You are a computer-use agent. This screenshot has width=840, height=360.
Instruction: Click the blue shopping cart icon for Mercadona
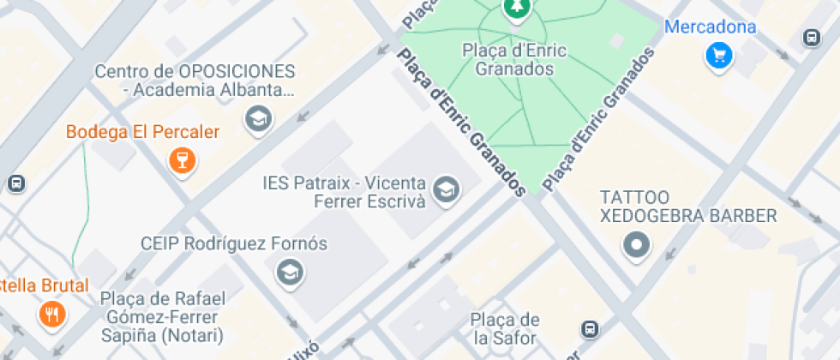pos(717,56)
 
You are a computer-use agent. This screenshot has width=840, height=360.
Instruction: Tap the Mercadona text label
pos(711,27)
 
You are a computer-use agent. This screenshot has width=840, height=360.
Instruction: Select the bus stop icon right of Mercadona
pos(811,38)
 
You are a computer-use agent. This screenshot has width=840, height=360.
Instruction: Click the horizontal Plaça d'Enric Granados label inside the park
pos(513,59)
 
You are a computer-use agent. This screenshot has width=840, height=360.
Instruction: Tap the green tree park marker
pos(516,9)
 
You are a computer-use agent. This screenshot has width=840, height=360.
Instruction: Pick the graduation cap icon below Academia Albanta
pos(257,119)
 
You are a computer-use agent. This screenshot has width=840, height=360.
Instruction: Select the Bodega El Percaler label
pos(142,132)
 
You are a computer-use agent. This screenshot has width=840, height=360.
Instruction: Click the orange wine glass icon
pos(182,159)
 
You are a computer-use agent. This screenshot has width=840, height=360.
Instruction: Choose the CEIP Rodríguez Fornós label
pos(234,243)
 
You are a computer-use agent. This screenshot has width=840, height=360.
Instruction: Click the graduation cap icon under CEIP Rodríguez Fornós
pos(290,273)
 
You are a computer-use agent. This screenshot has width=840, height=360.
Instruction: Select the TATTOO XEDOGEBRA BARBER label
pos(687,207)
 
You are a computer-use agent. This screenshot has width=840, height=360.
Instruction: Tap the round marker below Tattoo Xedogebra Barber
pos(636,245)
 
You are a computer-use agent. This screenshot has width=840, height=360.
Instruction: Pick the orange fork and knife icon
pos(51,314)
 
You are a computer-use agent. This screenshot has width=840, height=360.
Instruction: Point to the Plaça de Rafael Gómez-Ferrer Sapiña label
pos(162,316)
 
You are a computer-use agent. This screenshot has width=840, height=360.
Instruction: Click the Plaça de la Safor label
pos(505,329)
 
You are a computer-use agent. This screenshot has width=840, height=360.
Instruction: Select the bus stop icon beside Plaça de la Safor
pos(589,329)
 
